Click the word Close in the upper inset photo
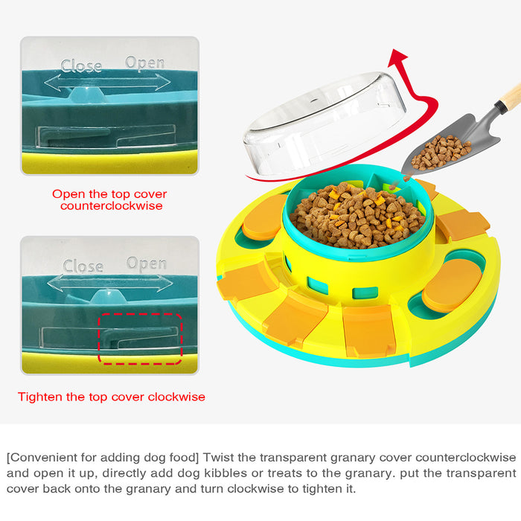coord(81,65)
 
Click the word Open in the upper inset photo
coord(145,63)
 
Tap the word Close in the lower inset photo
coord(83,266)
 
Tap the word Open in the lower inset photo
coord(147,263)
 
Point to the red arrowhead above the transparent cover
coord(397,57)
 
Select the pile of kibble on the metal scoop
coord(440,152)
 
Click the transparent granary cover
coord(324,125)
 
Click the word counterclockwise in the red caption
coord(112,206)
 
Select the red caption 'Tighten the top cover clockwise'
coord(112,397)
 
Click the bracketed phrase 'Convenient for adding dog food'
coord(103,458)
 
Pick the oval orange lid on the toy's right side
coord(452,285)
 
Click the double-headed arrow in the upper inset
coord(107,83)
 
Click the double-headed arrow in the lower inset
coord(110,283)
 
